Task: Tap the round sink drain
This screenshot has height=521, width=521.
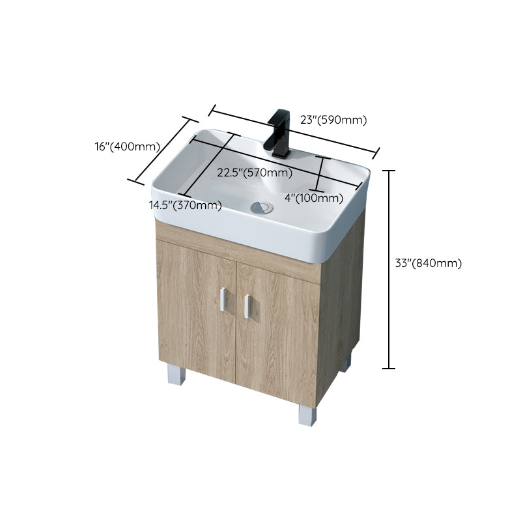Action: pos(262,208)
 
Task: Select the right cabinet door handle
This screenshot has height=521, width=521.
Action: pos(247,306)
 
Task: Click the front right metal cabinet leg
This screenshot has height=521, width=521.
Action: pos(307,414)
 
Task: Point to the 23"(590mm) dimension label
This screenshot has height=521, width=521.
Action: pos(333,120)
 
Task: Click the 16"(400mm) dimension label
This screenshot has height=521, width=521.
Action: pos(127,147)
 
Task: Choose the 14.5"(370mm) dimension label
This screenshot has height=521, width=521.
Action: pos(186,205)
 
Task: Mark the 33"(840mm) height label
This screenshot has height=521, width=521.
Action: pos(429,263)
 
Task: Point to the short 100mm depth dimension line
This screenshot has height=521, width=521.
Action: pos(320,173)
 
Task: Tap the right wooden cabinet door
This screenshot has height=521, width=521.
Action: pos(277,329)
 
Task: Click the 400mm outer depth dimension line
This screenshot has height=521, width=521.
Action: pos(163,151)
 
